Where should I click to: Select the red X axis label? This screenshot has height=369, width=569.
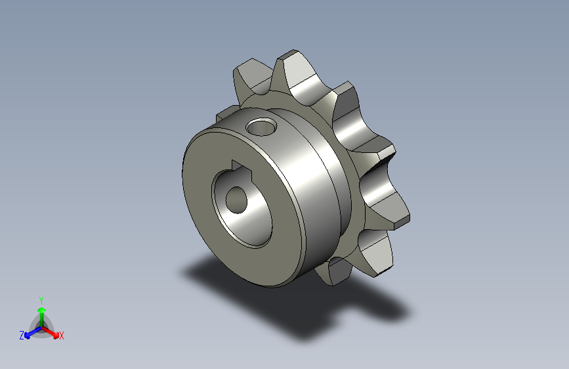[x=62, y=336]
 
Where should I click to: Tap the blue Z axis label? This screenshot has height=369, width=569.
[x=22, y=336]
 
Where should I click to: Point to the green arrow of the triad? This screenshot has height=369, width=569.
[x=41, y=312]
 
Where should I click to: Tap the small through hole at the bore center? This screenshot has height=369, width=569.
[x=235, y=198]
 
